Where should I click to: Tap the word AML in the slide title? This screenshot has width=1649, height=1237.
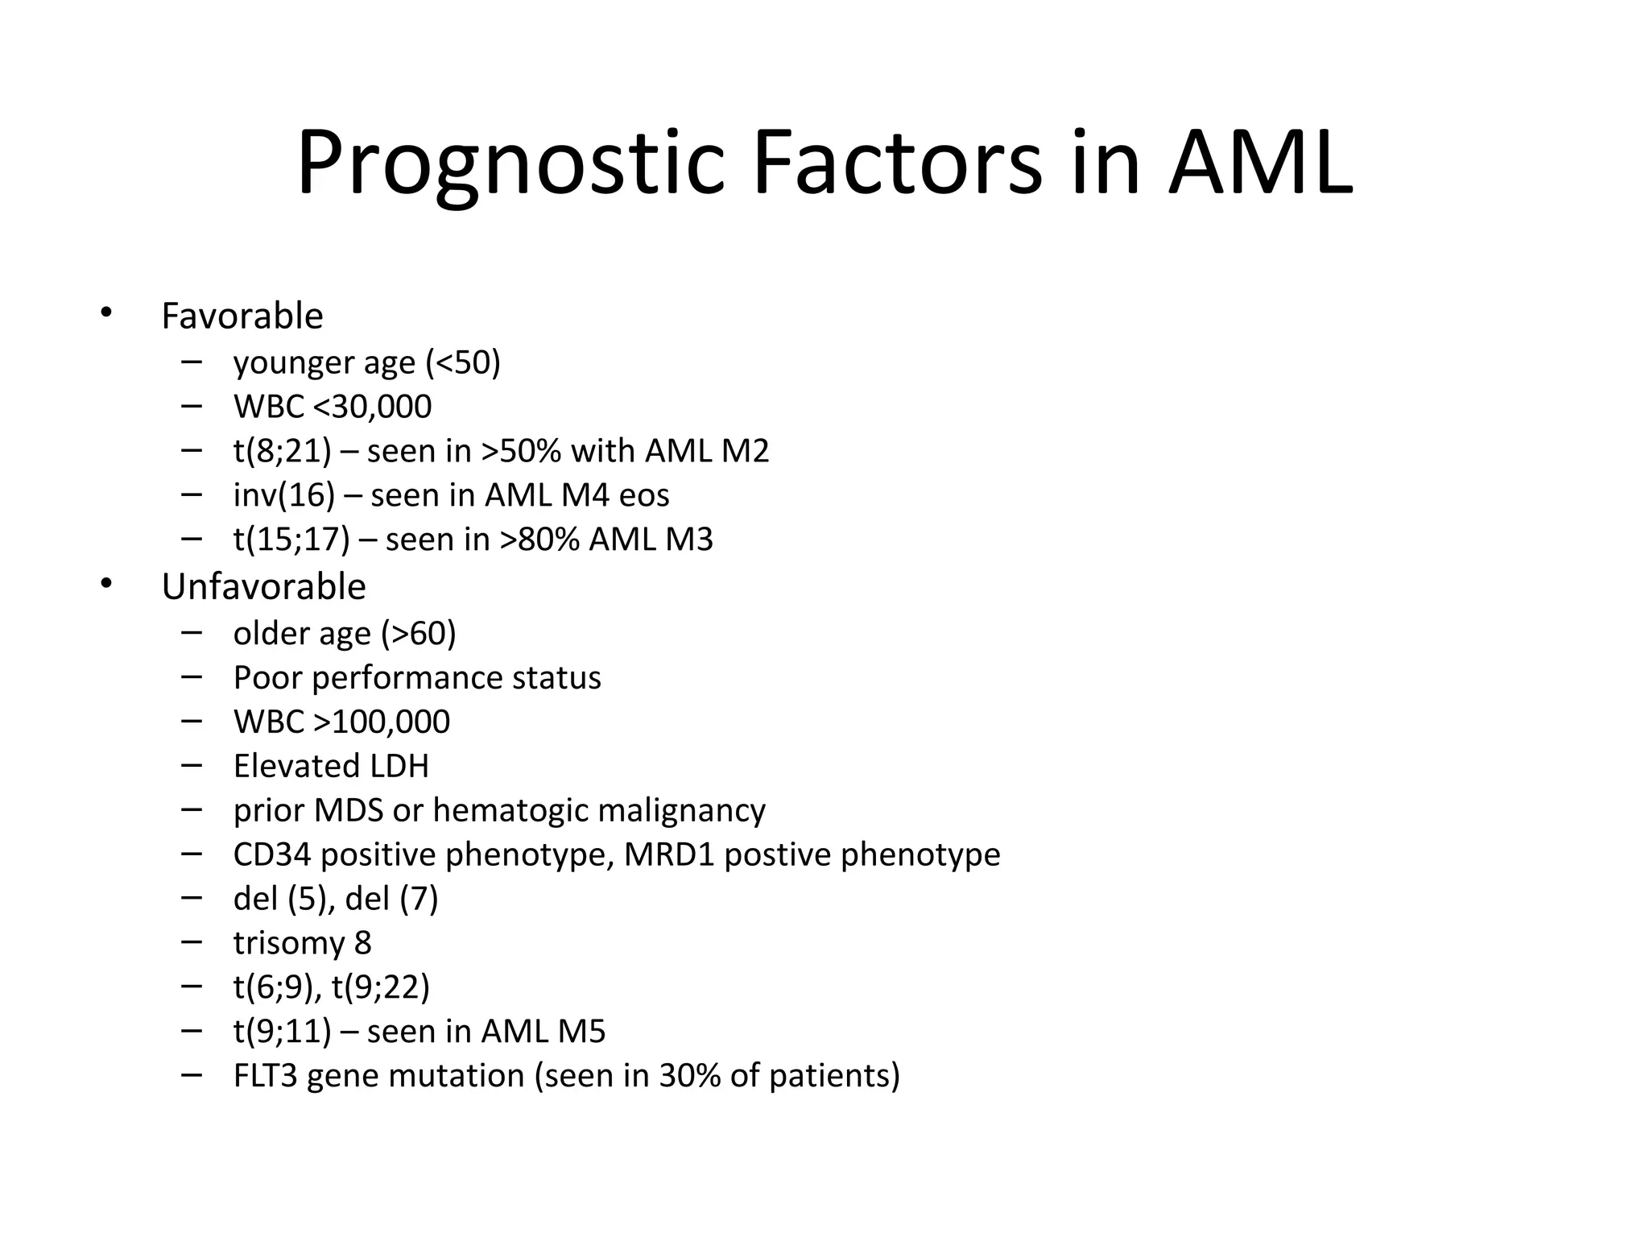[1261, 165]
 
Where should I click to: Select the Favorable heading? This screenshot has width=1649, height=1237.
[242, 316]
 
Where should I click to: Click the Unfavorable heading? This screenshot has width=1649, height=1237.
[263, 586]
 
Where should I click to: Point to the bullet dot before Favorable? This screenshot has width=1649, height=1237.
[106, 312]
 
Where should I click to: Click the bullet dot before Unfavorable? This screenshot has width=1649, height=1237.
[106, 584]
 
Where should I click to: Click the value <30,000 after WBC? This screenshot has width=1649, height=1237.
[372, 407]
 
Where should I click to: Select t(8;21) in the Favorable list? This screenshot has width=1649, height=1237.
[282, 451]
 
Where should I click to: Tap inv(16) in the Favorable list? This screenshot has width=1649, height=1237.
[283, 495]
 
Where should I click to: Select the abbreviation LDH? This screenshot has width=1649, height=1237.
[396, 766]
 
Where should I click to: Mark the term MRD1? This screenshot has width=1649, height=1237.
[669, 854]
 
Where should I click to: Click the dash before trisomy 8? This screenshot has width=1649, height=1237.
[192, 940]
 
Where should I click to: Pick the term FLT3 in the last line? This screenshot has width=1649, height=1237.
[265, 1076]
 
